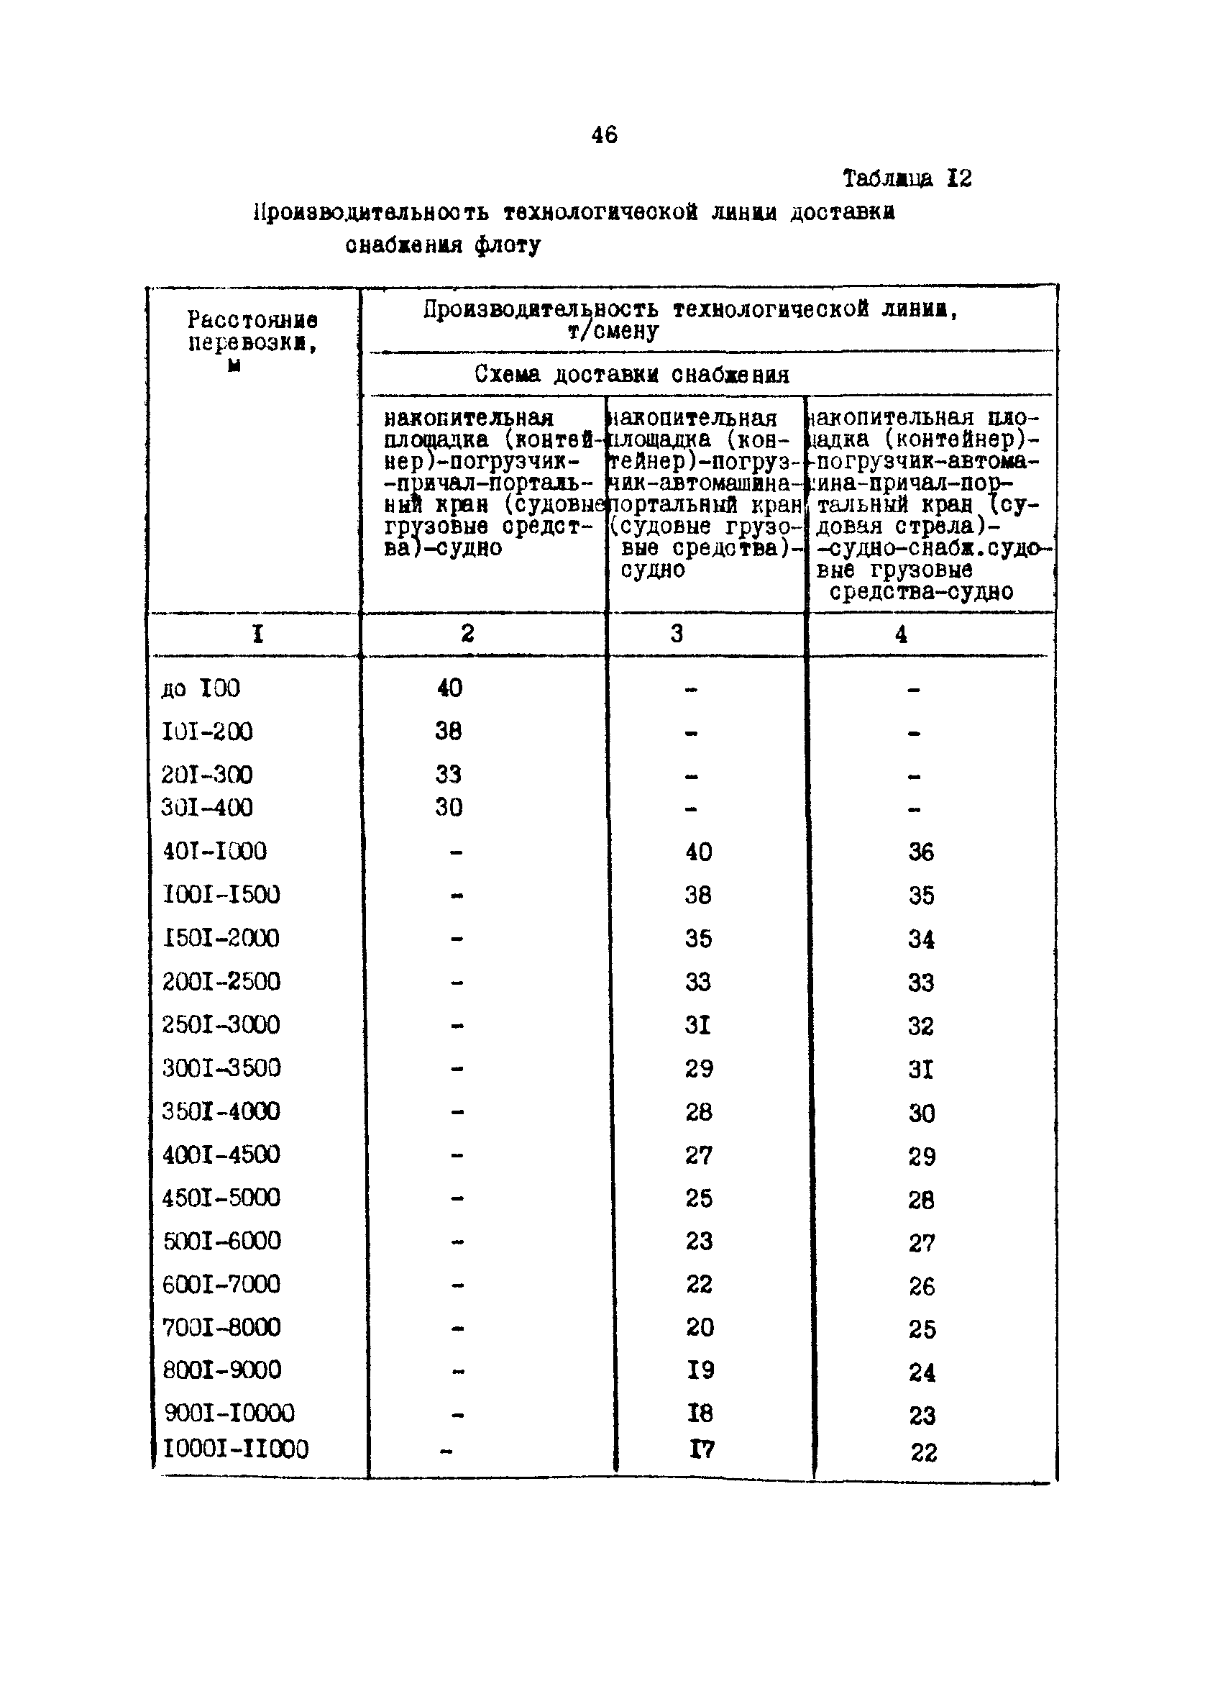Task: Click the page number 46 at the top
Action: pos(604,135)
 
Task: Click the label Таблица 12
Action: pos(907,179)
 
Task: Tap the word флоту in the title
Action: pos(508,245)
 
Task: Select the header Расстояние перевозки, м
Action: pos(252,342)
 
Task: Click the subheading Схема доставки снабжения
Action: pos(631,375)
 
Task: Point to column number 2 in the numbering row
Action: pos(467,633)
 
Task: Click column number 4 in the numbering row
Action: pos(901,634)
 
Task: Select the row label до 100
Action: pos(201,689)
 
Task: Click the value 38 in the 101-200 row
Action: pos(448,732)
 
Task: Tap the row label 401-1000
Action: pos(214,852)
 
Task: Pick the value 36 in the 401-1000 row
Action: pos(921,852)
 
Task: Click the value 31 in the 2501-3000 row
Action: pos(697,1025)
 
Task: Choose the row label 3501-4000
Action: pos(221,1112)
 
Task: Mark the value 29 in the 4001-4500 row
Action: pos(922,1157)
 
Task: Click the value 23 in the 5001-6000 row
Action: pos(698,1242)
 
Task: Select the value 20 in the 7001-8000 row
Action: pos(699,1328)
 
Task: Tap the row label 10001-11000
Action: pos(235,1449)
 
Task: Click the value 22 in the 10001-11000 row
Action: pos(924,1452)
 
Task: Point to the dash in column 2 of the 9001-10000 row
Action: pos(457,1416)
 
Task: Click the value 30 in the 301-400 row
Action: pos(448,808)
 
